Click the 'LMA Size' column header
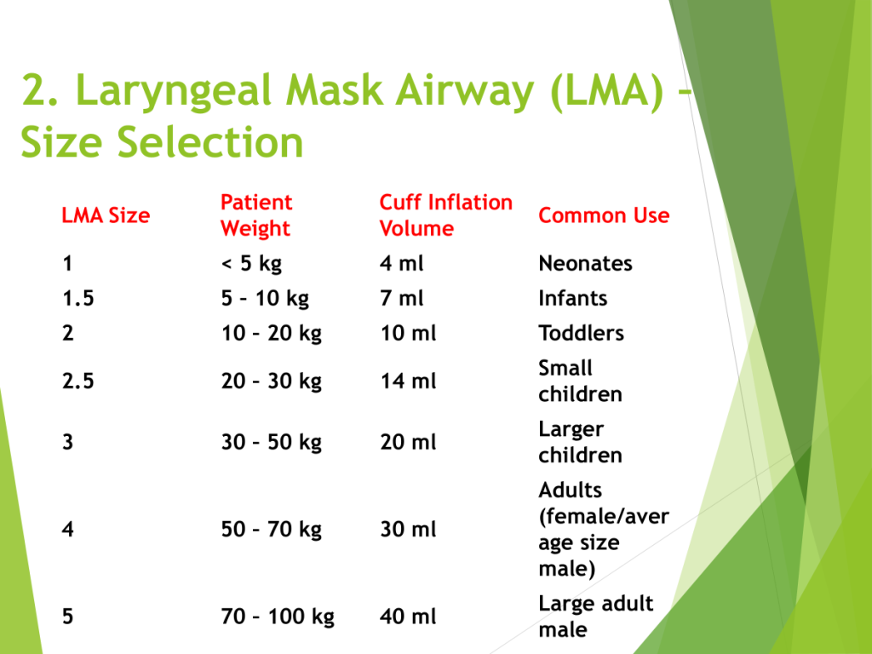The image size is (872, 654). click(106, 215)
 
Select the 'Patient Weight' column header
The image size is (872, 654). click(256, 215)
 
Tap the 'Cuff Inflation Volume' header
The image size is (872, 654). click(446, 215)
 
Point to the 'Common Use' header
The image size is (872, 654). click(604, 215)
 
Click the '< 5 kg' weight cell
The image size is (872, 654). click(251, 264)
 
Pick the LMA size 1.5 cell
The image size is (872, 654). click(78, 298)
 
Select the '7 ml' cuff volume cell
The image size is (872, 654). click(402, 298)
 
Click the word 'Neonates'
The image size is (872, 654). click(586, 263)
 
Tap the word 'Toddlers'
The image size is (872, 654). click(581, 333)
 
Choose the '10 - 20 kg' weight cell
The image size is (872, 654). click(272, 334)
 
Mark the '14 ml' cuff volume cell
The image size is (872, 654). click(408, 381)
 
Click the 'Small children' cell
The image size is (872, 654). click(580, 381)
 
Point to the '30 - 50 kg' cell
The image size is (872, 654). click(272, 443)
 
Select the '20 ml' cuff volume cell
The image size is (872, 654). click(408, 442)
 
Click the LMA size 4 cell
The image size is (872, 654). click(68, 530)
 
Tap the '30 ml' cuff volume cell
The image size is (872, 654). click(408, 530)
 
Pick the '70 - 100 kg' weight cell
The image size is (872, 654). click(278, 617)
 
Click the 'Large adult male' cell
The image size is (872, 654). click(595, 617)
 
